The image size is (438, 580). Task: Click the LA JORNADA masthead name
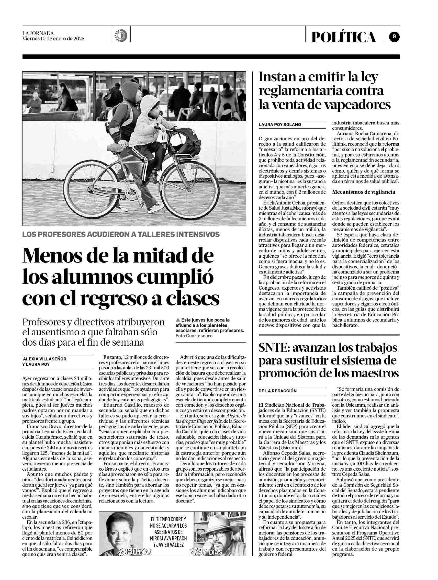point(38,33)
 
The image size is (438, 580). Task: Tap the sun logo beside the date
point(121,35)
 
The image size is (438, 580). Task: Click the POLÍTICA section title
point(344,37)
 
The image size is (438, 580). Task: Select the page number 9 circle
point(394,37)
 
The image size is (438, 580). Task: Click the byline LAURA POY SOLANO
point(280,125)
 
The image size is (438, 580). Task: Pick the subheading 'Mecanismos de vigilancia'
point(364,192)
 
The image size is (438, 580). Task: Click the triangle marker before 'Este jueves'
point(178,320)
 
